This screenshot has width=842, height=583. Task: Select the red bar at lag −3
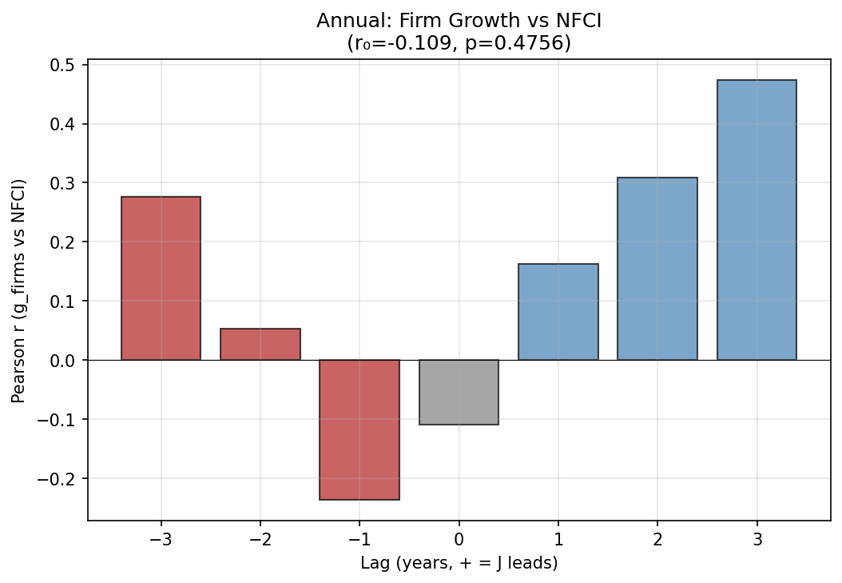tap(161, 278)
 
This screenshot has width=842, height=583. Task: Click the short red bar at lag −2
tap(260, 345)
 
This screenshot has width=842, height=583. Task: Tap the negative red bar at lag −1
tap(359, 429)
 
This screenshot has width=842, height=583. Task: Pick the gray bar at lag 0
tap(459, 392)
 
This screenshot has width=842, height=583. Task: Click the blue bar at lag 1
tap(558, 312)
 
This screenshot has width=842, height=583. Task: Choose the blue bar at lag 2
tap(657, 269)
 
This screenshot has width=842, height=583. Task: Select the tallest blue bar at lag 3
tap(757, 220)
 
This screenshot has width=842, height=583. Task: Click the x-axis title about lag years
tap(459, 563)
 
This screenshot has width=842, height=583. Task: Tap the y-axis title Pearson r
tap(18, 290)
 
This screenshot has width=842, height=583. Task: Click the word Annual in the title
tap(345, 21)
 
